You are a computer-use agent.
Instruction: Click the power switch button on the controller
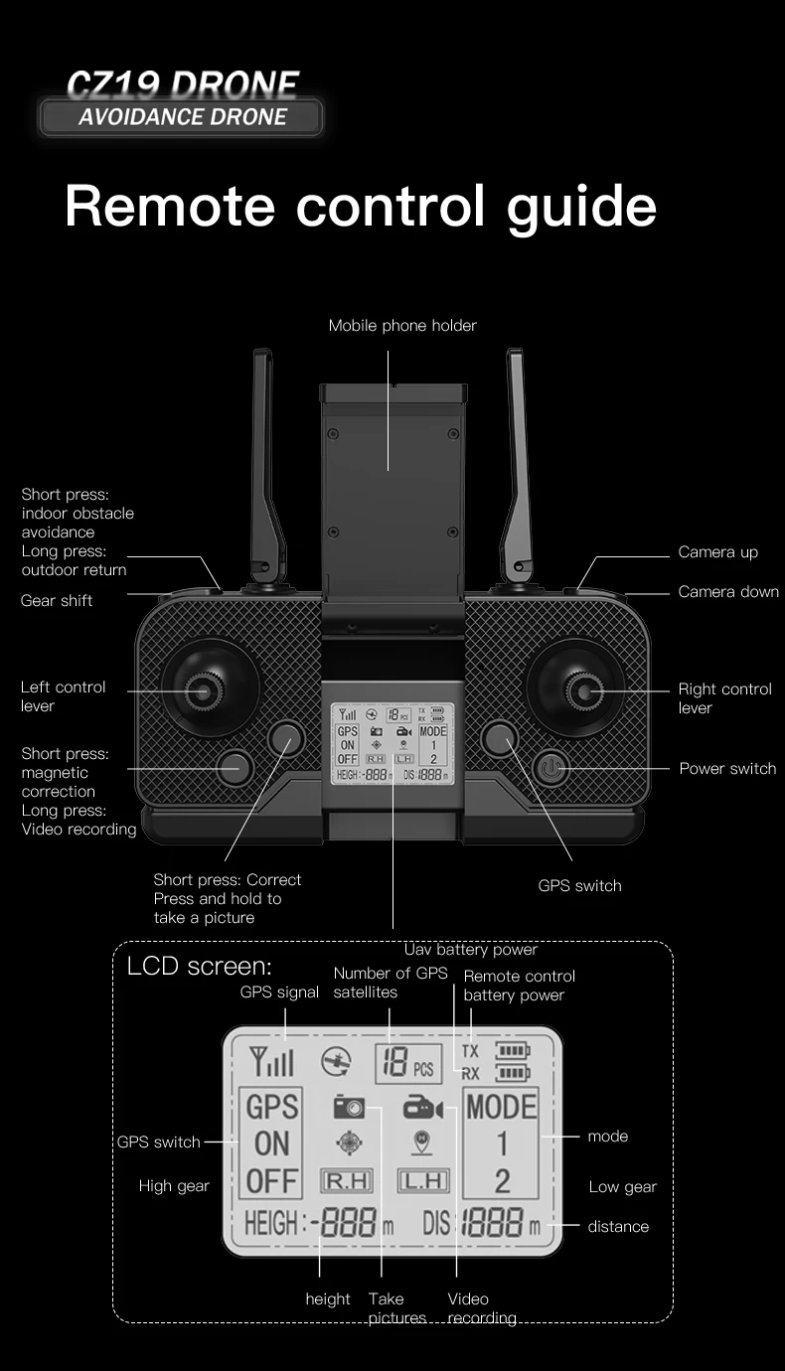(551, 768)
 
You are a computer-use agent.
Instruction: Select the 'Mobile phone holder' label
(402, 326)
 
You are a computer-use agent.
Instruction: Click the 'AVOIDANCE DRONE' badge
(182, 117)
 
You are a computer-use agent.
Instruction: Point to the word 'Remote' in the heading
(169, 206)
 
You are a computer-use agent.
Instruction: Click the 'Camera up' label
(717, 552)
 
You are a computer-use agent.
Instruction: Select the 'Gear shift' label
(57, 601)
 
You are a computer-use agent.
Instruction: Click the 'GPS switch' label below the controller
(579, 885)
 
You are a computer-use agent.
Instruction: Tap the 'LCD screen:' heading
(199, 966)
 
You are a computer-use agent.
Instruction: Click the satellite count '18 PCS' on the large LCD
(408, 1066)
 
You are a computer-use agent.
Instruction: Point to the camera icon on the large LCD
(349, 1107)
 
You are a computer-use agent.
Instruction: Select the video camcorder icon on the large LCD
(422, 1108)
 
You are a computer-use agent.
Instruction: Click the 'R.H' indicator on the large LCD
(346, 1180)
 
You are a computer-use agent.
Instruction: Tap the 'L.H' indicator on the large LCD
(423, 1180)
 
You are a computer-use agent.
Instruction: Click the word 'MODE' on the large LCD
(502, 1107)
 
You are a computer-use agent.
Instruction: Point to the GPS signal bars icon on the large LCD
(272, 1064)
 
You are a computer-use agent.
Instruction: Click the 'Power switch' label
(727, 769)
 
